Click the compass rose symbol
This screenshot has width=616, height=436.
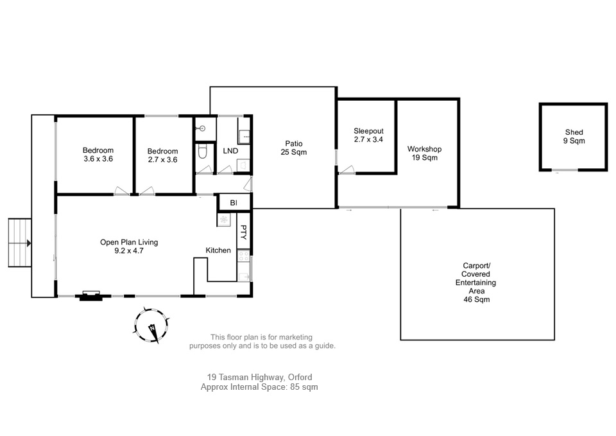pos(152,327)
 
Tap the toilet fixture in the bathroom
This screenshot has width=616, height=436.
pos(203,152)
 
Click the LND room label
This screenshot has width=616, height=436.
pos(230,151)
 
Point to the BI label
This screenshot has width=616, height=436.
pos(234,202)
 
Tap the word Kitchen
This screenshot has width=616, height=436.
pos(218,250)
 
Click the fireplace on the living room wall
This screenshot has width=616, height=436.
pos(89,295)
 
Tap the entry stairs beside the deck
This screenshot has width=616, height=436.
pos(19,243)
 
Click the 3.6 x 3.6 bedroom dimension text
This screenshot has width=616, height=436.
pos(98,159)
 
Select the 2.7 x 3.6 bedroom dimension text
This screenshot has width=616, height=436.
pos(162,159)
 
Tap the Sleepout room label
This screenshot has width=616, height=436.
pos(368,131)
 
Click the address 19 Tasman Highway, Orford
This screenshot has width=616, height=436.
pos(259,378)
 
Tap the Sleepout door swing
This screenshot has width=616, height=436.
pos(346,170)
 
